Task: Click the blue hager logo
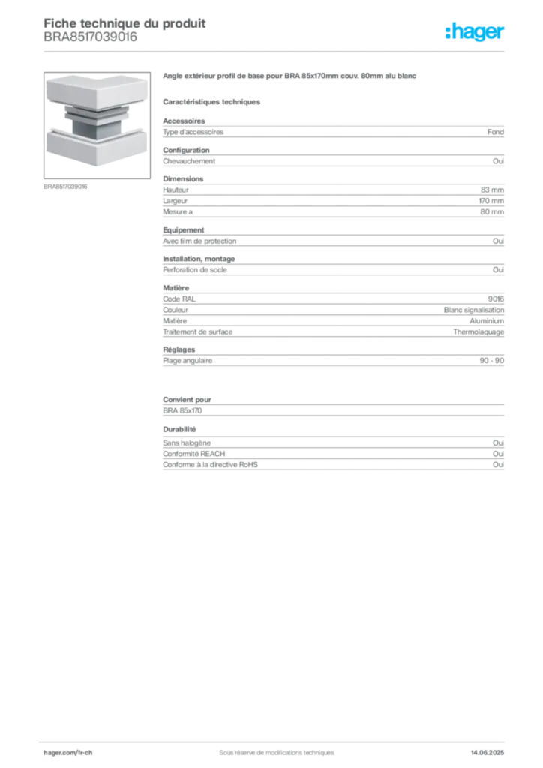[475, 33]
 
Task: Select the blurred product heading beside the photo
[289, 77]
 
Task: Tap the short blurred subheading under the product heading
[213, 100]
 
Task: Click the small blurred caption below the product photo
[66, 187]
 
